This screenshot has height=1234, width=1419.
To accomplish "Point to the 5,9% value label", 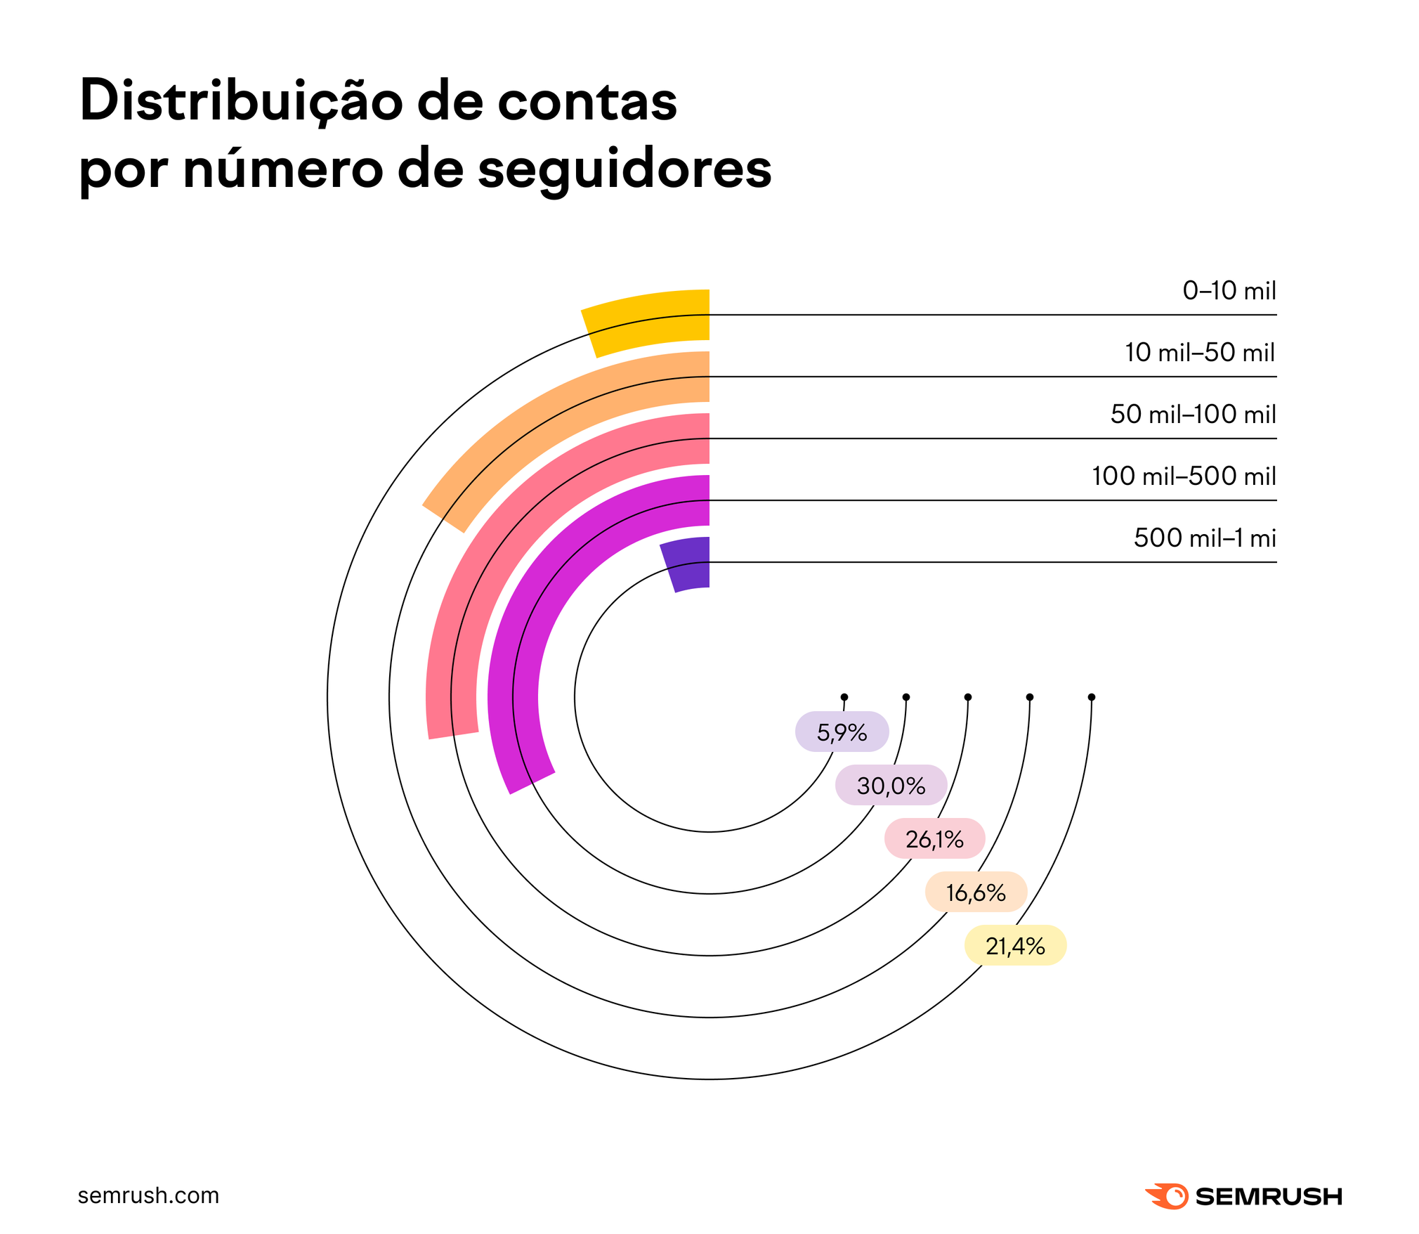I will coord(842,732).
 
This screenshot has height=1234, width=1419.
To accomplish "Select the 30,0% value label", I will coord(891,786).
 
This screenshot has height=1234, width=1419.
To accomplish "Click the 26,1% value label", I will coord(934,839).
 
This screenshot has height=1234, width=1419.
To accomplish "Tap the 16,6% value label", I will coord(976,892).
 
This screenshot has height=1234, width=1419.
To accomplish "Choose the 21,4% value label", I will coord(1015,946).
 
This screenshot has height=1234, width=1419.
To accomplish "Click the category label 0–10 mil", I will coord(1229,290).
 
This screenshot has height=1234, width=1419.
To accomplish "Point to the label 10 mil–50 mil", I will coord(1199,352).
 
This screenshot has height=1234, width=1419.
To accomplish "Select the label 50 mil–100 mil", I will coord(1193,414).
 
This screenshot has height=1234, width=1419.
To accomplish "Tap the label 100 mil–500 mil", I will coord(1183,476).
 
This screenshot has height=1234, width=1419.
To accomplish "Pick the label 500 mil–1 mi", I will coord(1204,538).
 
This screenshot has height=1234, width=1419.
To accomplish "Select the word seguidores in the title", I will coord(625,169).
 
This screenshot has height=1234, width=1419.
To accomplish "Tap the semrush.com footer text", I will coord(148,1195).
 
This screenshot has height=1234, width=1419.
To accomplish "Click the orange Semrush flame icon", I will coord(1167,1195).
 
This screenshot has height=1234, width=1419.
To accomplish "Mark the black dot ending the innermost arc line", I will coord(844,697).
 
